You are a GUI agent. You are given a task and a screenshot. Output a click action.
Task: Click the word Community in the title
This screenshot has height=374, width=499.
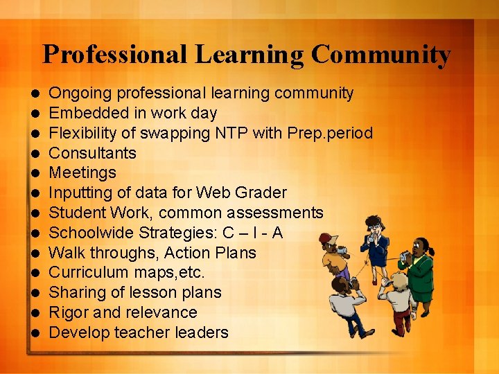[x=380, y=54]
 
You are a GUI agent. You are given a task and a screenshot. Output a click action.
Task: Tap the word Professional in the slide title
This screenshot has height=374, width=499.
[x=114, y=54]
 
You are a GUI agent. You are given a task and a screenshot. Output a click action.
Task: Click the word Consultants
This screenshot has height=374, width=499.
[x=93, y=152]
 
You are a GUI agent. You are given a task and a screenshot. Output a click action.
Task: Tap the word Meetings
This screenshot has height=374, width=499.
[x=82, y=172]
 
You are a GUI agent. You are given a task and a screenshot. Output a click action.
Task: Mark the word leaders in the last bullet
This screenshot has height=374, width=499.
[x=202, y=332]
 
